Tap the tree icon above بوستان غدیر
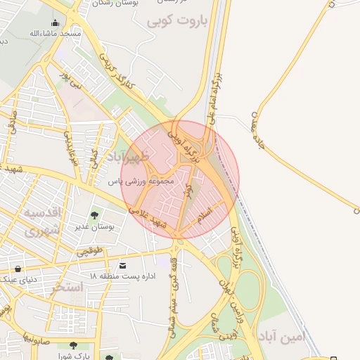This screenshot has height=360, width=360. click(94, 215)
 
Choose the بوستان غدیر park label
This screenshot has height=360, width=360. click(94, 227)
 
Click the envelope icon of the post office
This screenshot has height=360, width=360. click(123, 265)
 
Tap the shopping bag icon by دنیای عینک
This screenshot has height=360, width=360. click(18, 269)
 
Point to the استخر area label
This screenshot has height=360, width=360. click(67, 287)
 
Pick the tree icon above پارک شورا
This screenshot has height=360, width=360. click(73, 345)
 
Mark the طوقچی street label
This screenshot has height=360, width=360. click(89, 250)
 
